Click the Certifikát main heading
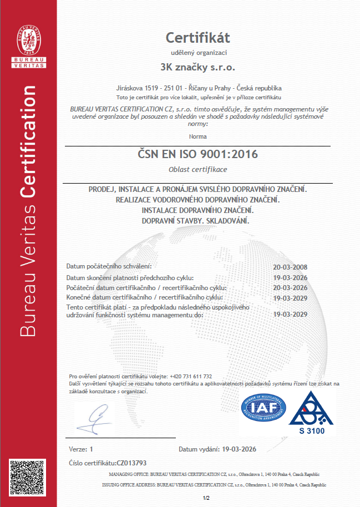pyautogui.click(x=198, y=38)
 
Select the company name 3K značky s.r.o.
pyautogui.click(x=198, y=68)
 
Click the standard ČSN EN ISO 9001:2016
pyautogui.click(x=198, y=154)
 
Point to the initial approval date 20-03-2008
pyautogui.click(x=291, y=267)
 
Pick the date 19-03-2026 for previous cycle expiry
pyautogui.click(x=291, y=277)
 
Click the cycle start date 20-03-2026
pyautogui.click(x=291, y=288)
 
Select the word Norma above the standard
pyautogui.click(x=197, y=136)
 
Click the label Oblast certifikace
pyautogui.click(x=197, y=169)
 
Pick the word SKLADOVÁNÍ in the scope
pyautogui.click(x=226, y=221)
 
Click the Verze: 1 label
pyautogui.click(x=81, y=449)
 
